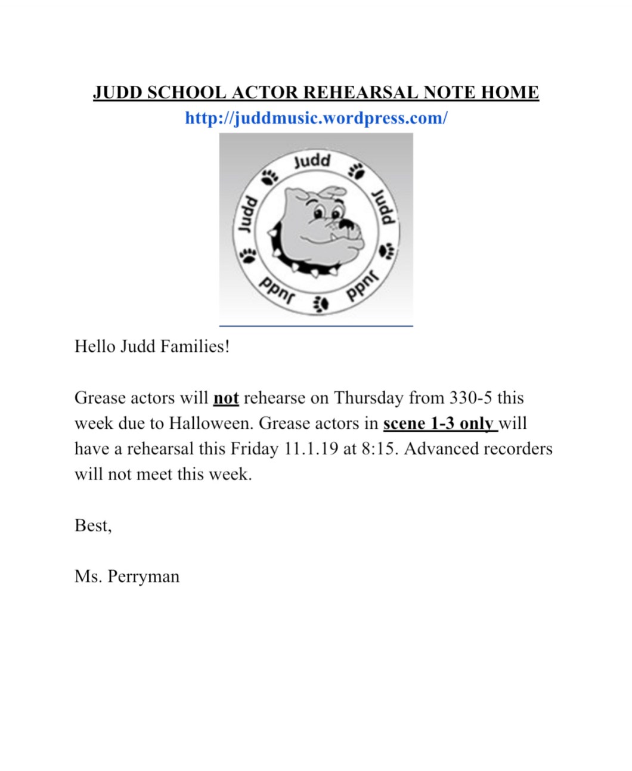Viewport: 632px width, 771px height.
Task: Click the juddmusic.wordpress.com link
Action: coord(316,118)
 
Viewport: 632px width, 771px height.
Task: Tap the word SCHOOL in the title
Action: coord(187,93)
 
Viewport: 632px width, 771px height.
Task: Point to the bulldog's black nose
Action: coord(346,225)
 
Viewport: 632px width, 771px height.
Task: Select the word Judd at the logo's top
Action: coord(312,161)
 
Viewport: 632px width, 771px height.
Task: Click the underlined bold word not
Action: coord(226,398)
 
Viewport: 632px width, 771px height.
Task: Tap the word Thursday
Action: coord(368,398)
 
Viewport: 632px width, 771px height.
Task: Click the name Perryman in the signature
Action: coord(144,577)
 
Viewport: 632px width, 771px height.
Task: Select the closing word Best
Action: coord(91,525)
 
